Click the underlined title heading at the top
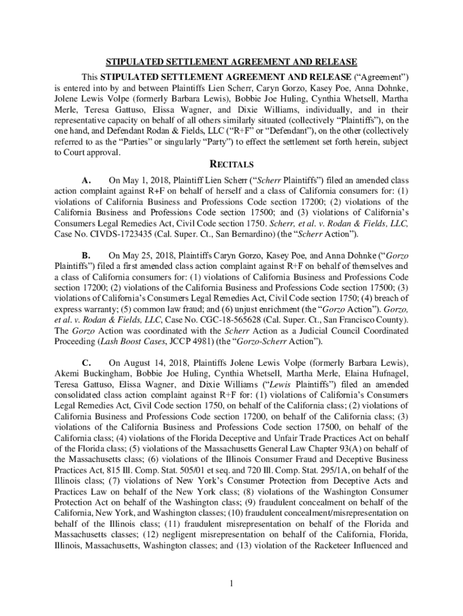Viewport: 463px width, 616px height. point(231,62)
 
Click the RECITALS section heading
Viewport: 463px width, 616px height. point(231,164)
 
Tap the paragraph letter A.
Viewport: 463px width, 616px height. point(87,180)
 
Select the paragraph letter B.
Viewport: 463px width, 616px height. point(87,255)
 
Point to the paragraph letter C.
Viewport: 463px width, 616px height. point(87,363)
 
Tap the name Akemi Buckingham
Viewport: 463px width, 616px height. point(92,374)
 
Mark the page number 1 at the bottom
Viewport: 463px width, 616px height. point(231,583)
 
